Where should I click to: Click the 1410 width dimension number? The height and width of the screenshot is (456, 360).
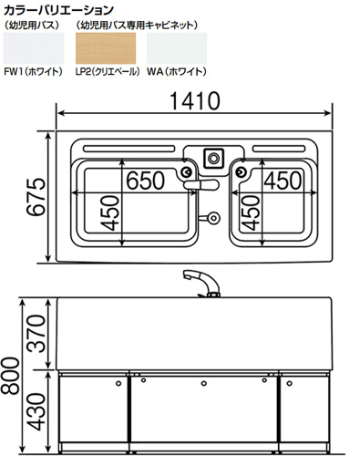click(x=195, y=101)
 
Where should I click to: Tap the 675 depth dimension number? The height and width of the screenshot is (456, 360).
click(x=36, y=197)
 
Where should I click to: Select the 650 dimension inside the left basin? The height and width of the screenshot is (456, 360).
click(x=146, y=181)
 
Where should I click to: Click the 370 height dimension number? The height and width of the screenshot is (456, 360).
click(x=36, y=334)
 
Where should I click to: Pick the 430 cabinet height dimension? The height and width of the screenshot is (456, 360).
click(x=36, y=411)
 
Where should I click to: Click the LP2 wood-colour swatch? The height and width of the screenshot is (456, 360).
click(x=106, y=48)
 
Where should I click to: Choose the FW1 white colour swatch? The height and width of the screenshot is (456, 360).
click(x=34, y=48)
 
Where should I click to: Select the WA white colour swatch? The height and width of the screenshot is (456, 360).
click(x=177, y=48)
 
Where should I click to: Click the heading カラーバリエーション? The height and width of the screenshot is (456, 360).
click(x=58, y=10)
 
